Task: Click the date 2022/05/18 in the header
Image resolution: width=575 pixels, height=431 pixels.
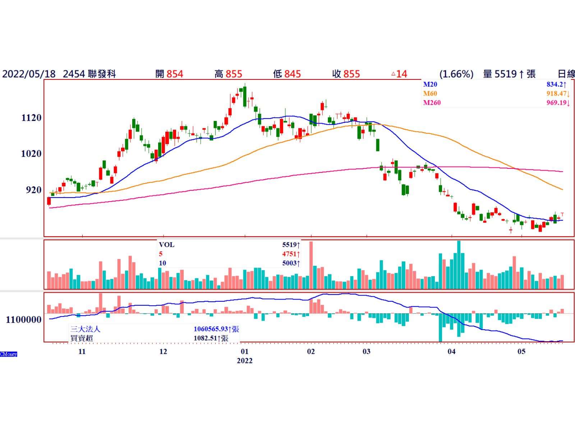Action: point(29,74)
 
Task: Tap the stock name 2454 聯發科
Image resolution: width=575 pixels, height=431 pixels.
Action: point(89,74)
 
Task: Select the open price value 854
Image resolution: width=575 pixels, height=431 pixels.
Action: point(175,74)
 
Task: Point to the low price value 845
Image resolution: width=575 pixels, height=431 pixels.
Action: point(292,74)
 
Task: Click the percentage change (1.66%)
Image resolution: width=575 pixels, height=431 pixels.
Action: point(456,74)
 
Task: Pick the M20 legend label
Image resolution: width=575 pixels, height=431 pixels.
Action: point(430,84)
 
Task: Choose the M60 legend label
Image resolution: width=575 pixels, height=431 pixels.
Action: point(430,93)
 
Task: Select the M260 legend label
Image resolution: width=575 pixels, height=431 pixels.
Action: point(432,102)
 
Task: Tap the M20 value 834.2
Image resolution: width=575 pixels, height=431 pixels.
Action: point(556,84)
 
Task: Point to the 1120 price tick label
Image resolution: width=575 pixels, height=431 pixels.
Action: point(31,117)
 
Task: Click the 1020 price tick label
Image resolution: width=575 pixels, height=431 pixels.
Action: point(31,153)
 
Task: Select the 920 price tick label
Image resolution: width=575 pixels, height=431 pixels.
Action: point(33,190)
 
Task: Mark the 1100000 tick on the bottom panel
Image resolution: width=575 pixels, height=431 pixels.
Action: point(24,319)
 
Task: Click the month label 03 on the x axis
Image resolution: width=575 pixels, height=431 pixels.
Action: point(366,351)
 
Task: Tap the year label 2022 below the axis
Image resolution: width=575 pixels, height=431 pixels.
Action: point(244,361)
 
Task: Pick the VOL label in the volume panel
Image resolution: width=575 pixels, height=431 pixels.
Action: point(166,245)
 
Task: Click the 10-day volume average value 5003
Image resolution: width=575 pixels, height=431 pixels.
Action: point(289,263)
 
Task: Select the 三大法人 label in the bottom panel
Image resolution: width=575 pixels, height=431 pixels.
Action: point(85,329)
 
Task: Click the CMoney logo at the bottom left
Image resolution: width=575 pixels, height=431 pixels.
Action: point(9,354)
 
